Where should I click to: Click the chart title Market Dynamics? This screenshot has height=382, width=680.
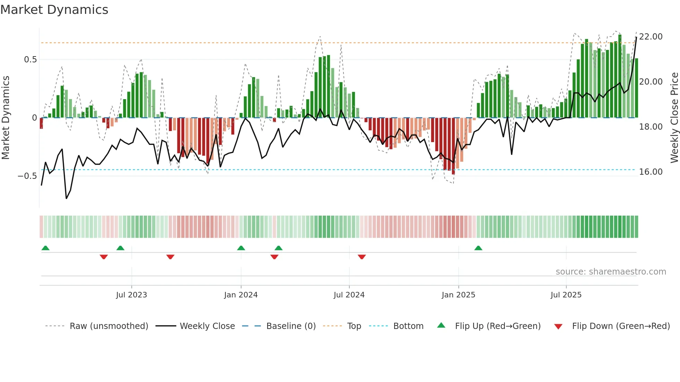tap(54, 10)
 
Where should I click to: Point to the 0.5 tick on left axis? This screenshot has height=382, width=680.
tap(30, 60)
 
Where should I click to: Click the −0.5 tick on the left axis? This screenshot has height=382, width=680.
tap(27, 176)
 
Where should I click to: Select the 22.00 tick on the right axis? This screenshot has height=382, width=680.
tap(651, 37)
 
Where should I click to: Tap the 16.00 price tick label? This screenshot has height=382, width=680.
tap(651, 172)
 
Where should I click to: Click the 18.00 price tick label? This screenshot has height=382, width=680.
tap(651, 127)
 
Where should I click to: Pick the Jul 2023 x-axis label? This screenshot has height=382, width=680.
tap(131, 295)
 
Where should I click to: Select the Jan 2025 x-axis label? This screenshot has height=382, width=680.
tap(458, 295)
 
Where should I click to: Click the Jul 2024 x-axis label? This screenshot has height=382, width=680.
tap(349, 295)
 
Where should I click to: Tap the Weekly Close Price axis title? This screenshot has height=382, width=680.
tap(674, 118)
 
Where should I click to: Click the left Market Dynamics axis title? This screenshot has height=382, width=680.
tap(6, 118)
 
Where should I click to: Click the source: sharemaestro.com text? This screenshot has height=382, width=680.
tap(611, 272)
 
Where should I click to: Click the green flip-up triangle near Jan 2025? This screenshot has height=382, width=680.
tap(478, 248)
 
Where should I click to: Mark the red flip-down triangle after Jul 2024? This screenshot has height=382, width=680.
tap(362, 257)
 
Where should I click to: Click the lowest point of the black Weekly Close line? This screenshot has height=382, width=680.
tap(66, 198)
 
